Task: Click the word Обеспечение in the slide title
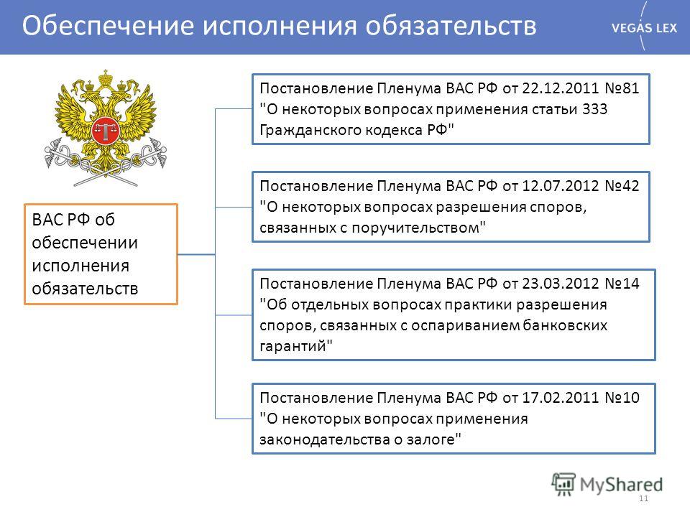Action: pyautogui.click(x=108, y=26)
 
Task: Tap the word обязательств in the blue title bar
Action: pyautogui.click(x=451, y=26)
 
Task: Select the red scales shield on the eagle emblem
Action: pyautogui.click(x=105, y=131)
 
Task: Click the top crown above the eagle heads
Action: pyautogui.click(x=106, y=78)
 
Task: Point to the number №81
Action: pyautogui.click(x=621, y=88)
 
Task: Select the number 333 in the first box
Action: pyautogui.click(x=594, y=108)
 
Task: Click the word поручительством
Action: pyautogui.click(x=415, y=228)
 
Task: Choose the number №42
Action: pyautogui.click(x=621, y=185)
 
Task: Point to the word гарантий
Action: pyautogui.click(x=293, y=346)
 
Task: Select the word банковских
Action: pyautogui.click(x=565, y=325)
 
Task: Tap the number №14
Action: pyautogui.click(x=621, y=283)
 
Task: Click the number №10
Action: pyautogui.click(x=621, y=397)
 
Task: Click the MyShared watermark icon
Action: pyautogui.click(x=563, y=484)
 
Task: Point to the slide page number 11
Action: pyautogui.click(x=644, y=498)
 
